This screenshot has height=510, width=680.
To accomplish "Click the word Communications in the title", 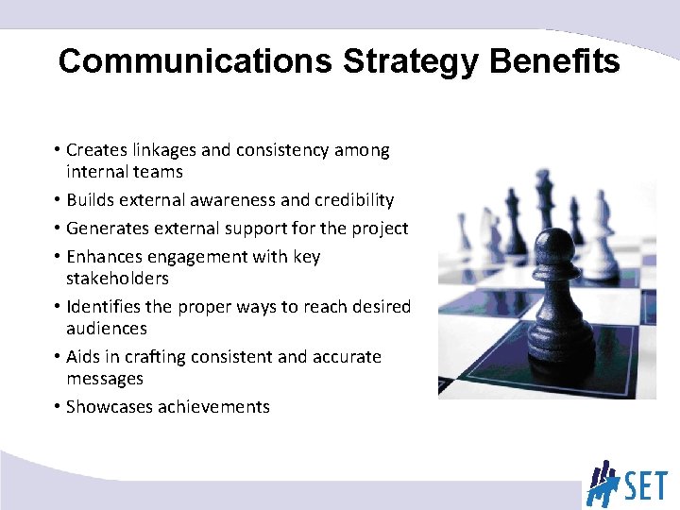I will coord(195,61).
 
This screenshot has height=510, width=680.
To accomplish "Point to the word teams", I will coord(160,172).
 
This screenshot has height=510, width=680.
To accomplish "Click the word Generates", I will coord(107,229).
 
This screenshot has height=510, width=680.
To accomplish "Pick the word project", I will coord(379,229).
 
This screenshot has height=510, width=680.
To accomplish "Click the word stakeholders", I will coord(117,279).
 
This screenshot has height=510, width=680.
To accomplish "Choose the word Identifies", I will coord(105,307).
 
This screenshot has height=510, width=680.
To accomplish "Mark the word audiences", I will coord(107,329).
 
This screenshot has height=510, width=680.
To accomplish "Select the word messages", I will coord(105,379).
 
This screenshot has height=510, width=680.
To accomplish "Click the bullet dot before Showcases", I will coord(58,408).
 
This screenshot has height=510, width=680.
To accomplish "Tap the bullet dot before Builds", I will coord(58,201).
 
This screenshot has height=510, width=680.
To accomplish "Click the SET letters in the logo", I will coord(644,484).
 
